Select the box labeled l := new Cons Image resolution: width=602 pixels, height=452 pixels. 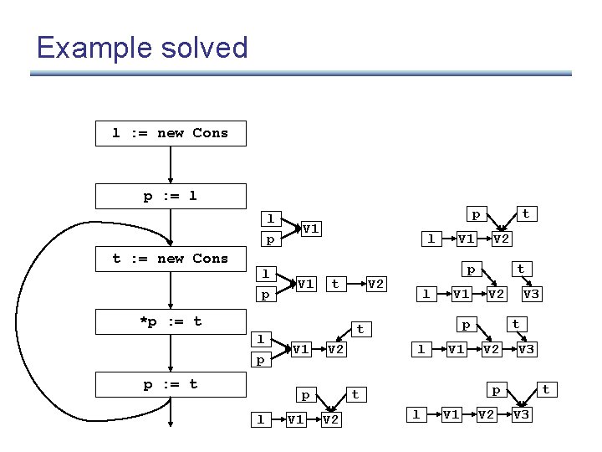(171, 133)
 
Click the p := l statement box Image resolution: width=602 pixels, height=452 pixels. (171, 196)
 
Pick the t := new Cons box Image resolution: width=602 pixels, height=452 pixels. (171, 259)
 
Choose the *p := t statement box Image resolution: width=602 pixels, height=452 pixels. (171, 321)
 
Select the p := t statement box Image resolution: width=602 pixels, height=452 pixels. (171, 384)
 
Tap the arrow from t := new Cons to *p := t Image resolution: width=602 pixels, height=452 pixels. (171, 290)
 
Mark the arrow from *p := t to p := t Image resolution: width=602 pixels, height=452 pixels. (171, 352)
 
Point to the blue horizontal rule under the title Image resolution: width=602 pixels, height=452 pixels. (301, 74)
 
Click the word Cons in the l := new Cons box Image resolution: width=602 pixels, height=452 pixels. (210, 133)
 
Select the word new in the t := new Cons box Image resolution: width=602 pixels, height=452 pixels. (171, 259)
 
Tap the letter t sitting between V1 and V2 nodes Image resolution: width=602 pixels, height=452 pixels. (334, 284)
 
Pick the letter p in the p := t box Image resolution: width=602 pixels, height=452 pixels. (147, 385)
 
